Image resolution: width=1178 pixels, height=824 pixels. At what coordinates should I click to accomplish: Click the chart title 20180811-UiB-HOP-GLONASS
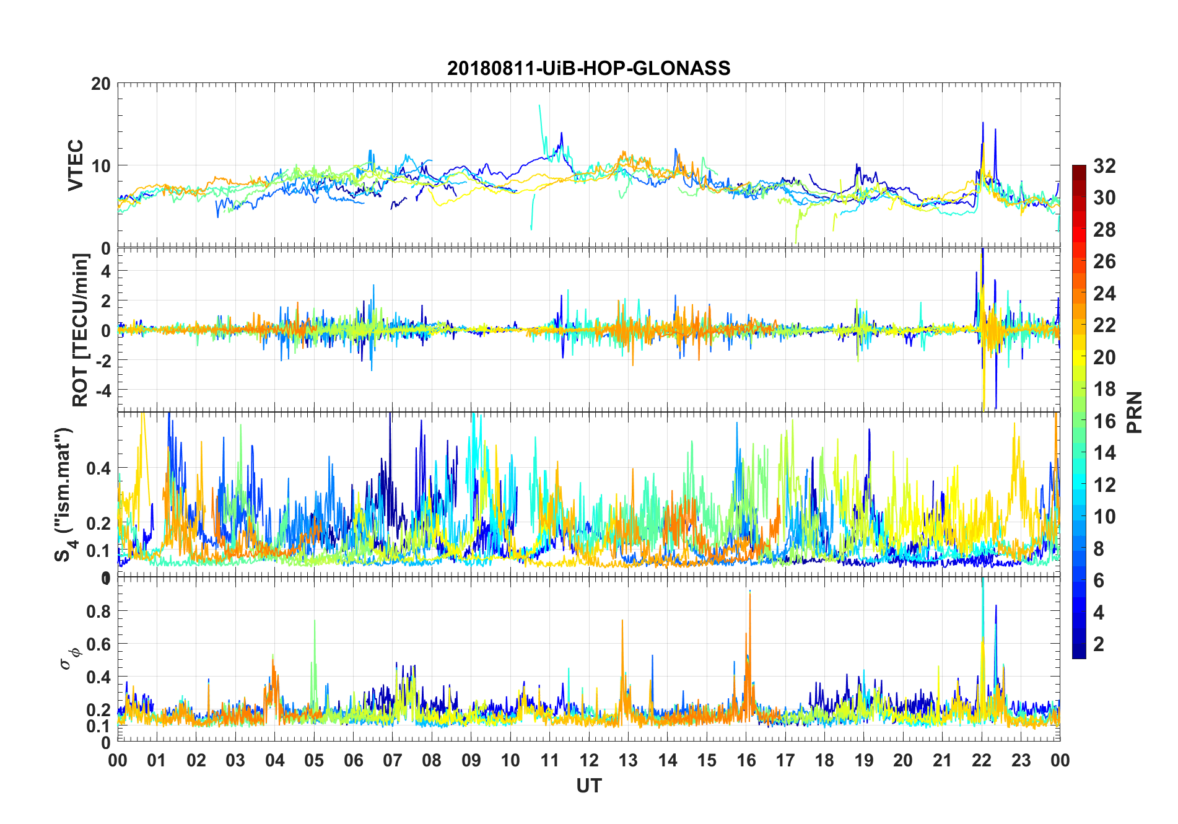coord(588,68)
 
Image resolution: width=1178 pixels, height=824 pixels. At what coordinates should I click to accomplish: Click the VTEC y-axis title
coord(76,165)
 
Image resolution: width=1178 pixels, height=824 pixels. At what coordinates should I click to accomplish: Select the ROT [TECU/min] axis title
coord(81,330)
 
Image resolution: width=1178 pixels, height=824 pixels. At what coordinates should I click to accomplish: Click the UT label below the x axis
coord(588,786)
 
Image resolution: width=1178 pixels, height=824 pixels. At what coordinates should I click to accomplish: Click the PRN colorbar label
coord(1135,412)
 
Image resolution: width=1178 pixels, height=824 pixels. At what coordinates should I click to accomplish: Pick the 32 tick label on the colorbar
coord(1104,166)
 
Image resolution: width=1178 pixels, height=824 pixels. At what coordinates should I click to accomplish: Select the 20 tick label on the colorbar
coord(1104,357)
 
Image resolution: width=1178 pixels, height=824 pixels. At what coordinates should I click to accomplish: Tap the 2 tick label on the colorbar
coord(1099,644)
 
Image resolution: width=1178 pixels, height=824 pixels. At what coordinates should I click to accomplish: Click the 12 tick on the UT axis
coord(589,760)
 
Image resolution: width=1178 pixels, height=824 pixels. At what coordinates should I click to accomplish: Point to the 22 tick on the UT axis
coord(982,760)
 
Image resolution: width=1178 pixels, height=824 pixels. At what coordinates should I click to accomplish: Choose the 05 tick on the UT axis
coord(314,760)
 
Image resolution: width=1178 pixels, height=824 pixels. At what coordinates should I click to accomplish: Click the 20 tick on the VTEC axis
coord(100,84)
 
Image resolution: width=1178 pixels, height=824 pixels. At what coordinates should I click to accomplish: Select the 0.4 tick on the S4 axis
coord(98,468)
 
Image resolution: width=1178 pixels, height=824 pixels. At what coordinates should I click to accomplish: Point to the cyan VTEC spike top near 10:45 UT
coord(539,106)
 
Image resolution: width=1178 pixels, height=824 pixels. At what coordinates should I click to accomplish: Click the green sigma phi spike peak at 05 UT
coord(315,620)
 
